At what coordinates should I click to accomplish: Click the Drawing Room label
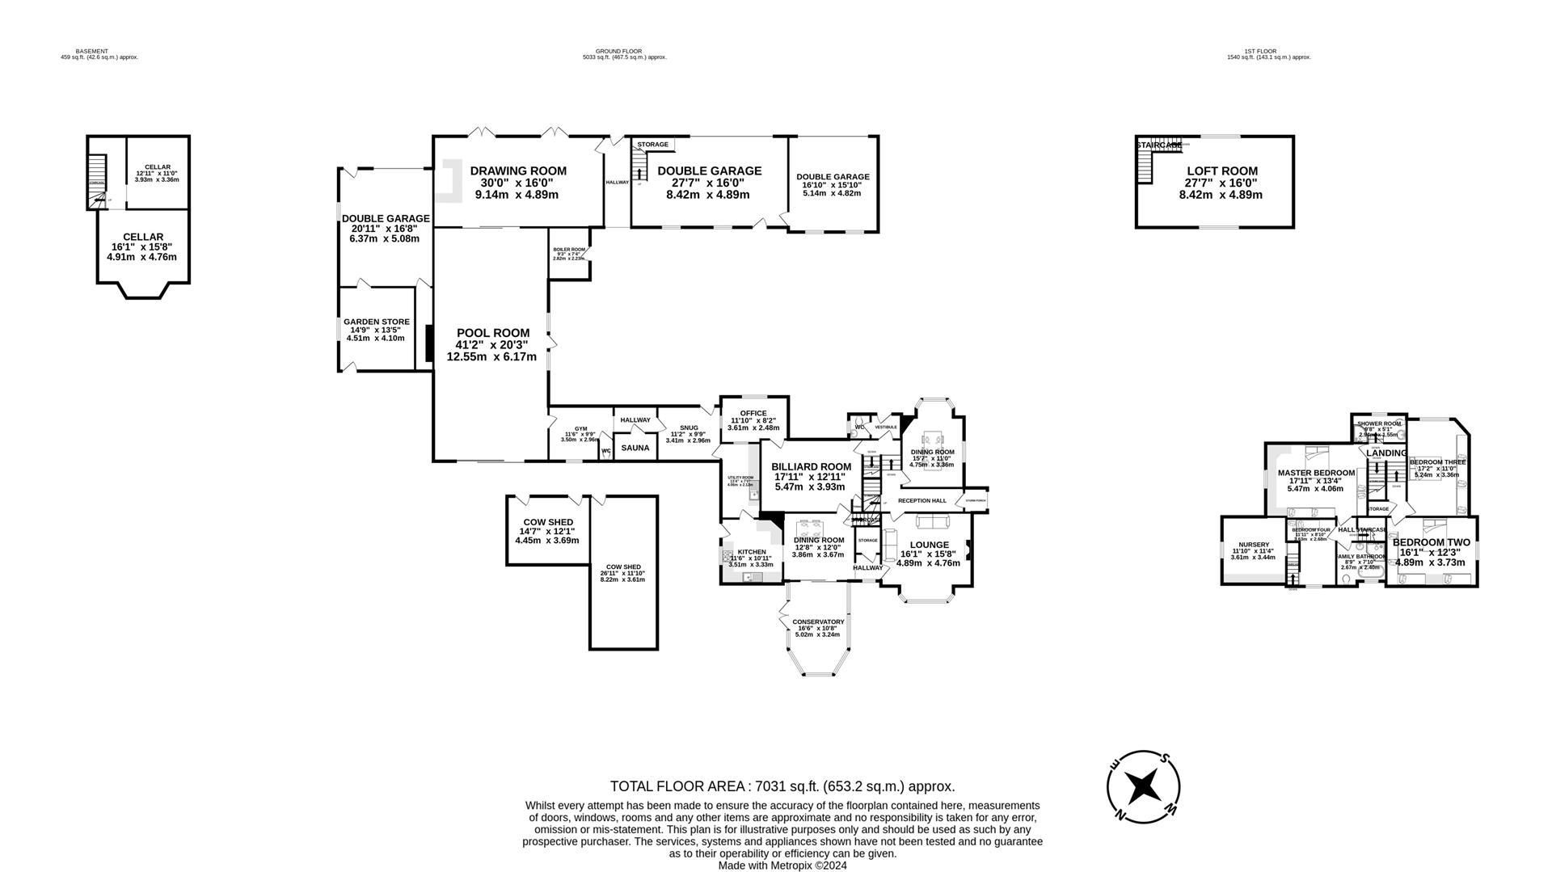point(518,171)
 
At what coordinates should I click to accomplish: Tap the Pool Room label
point(492,333)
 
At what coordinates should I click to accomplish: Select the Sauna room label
point(635,448)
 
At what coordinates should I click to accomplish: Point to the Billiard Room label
point(811,467)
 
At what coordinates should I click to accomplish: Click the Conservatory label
point(818,622)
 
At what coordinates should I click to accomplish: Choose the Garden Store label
point(376,322)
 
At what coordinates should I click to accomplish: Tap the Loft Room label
point(1221,171)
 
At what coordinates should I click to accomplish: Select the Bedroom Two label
point(1431,543)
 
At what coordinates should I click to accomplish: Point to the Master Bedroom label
point(1315,474)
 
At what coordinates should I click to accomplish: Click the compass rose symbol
point(1143,785)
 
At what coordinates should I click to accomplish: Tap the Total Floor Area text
point(782,786)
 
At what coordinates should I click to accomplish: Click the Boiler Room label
point(568,250)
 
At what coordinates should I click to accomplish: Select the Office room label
point(753,414)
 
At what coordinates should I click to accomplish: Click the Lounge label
point(929,545)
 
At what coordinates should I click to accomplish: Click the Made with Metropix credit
point(782,866)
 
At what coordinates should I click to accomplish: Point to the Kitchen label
point(751,552)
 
